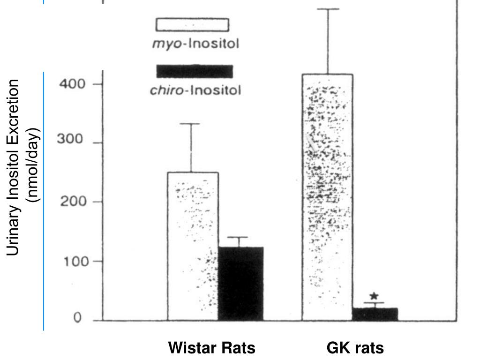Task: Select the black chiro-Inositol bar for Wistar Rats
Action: click(240, 283)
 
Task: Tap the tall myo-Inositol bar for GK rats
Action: click(327, 197)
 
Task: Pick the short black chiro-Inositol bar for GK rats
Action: click(375, 314)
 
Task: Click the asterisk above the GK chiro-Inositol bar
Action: click(374, 296)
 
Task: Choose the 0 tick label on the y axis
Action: click(77, 319)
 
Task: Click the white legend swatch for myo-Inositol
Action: click(192, 25)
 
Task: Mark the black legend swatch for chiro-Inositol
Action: click(195, 71)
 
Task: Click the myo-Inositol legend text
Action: click(195, 45)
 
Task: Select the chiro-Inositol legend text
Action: click(195, 90)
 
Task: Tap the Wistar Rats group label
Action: click(212, 348)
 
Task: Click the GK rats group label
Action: click(355, 348)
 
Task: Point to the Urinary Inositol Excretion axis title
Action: click(14, 167)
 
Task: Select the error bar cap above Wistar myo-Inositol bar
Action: click(191, 124)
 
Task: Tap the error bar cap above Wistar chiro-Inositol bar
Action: click(240, 237)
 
